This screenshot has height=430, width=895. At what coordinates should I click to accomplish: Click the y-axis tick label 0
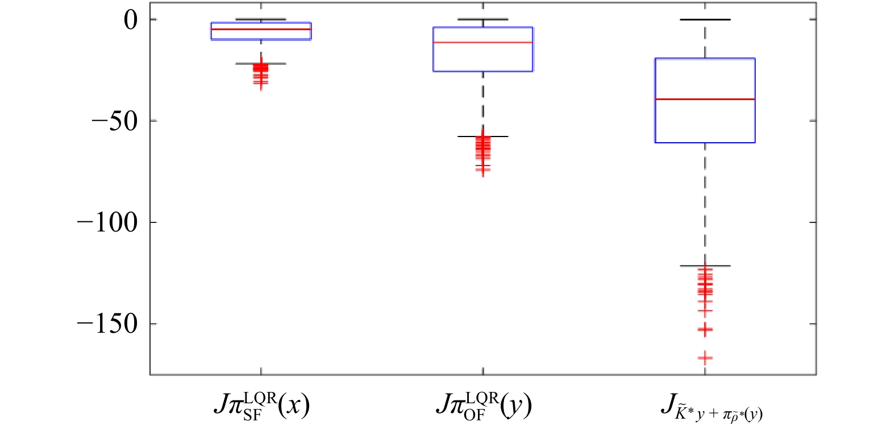click(x=131, y=20)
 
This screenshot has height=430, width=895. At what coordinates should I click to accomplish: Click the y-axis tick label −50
click(x=115, y=122)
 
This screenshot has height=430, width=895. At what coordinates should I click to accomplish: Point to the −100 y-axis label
click(x=107, y=223)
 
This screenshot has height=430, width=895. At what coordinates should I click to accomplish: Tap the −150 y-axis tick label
click(x=107, y=324)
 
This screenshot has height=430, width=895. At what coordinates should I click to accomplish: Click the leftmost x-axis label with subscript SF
click(x=261, y=406)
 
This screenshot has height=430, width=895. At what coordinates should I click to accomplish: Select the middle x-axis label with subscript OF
click(x=484, y=406)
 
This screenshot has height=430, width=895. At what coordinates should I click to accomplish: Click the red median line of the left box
click(x=261, y=29)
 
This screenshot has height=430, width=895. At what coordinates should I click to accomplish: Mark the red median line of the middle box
click(x=483, y=43)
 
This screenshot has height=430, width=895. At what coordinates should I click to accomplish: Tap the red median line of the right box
click(x=705, y=100)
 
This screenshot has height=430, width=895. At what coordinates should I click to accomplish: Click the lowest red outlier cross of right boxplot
click(x=705, y=358)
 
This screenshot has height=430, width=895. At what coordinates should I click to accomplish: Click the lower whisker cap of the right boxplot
click(x=705, y=266)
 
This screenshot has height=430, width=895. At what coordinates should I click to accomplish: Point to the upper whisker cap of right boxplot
click(x=705, y=20)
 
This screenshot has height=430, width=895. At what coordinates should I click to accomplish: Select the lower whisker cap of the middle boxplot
click(x=483, y=137)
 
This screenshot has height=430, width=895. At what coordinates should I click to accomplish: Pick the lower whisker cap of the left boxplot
click(x=261, y=64)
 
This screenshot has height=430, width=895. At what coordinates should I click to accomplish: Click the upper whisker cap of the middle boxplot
click(x=483, y=19)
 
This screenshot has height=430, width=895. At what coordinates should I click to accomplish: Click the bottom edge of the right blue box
click(x=705, y=142)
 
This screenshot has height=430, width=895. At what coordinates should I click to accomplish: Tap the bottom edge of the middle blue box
click(x=483, y=71)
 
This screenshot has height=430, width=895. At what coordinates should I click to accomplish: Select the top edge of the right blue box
click(x=705, y=59)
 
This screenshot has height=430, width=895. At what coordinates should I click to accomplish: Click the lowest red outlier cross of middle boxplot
click(x=483, y=172)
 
